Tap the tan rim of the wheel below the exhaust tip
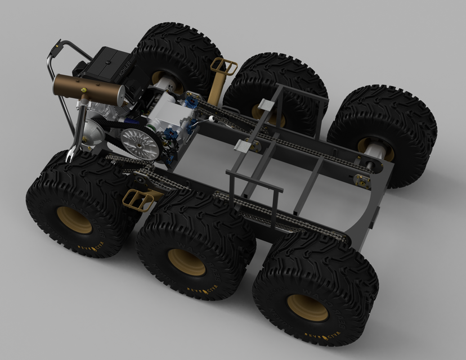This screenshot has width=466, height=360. point(74,220)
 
